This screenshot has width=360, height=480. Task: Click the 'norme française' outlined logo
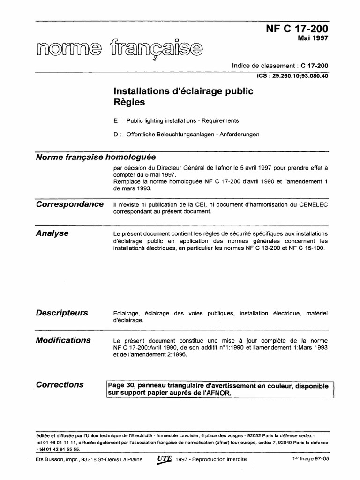[120, 49]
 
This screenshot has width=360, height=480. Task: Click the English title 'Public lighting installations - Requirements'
[182, 120]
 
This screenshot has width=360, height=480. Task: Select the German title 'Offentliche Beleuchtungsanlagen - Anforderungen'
[193, 135]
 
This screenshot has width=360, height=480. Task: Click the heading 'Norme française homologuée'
[96, 157]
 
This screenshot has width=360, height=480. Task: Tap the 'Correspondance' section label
[69, 204]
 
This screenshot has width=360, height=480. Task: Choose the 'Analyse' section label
[52, 233]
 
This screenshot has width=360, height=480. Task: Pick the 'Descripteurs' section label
[62, 313]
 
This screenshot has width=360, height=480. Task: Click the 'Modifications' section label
[63, 340]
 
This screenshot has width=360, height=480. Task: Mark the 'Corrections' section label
[60, 384]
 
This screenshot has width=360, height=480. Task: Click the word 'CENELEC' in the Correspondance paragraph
[312, 204]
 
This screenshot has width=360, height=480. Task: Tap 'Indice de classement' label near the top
[265, 66]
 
